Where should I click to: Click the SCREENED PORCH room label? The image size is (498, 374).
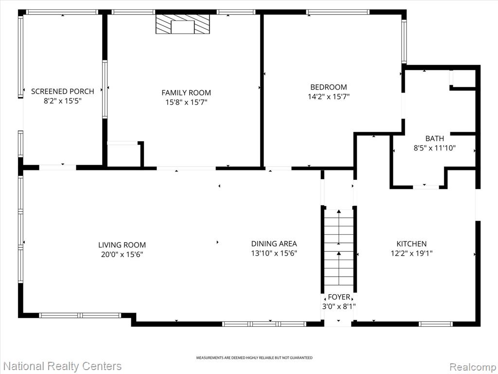point(63,92)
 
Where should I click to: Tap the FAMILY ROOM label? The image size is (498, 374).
point(186,93)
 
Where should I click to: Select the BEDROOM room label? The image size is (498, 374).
point(328,87)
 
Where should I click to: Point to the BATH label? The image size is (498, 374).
point(434,139)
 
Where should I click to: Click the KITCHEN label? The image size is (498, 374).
point(411,244)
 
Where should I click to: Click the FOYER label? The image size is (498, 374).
point(339,298)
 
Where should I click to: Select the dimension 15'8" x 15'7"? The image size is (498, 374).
point(186,102)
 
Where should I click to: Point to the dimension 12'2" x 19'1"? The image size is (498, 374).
point(411,253)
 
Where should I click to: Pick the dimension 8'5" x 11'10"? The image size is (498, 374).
point(434,148)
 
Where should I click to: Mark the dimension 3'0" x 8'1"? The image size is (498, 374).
point(339,307)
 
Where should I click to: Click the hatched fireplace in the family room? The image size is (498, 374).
point(183,24)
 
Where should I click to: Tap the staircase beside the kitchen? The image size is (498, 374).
point(339,247)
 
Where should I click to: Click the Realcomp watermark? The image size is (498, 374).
point(473,367)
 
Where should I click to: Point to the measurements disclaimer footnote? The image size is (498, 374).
point(254,358)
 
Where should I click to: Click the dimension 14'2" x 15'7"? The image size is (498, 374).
point(328,97)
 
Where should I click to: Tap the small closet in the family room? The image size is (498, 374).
point(124,154)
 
